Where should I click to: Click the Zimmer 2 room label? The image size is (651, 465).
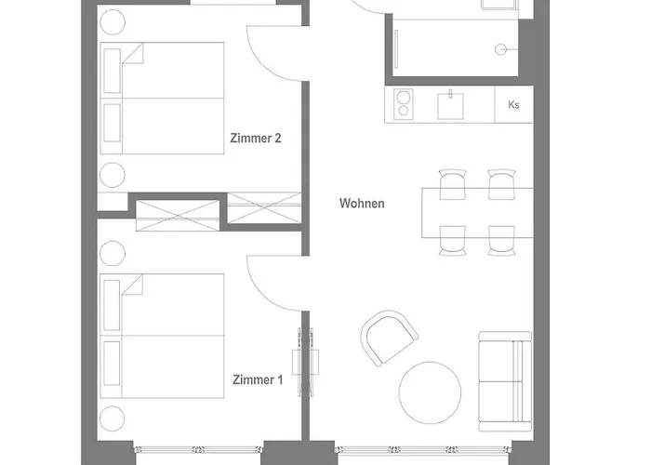256,138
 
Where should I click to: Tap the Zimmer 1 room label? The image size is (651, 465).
258,379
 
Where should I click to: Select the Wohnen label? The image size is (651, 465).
362,204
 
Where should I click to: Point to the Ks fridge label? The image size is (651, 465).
513,104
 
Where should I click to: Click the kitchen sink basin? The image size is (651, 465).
450,106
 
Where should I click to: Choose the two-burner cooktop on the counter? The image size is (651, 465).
403,104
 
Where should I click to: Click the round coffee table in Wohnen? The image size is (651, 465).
430,392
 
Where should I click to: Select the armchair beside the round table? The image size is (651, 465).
389,338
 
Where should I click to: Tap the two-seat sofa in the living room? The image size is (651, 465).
505,381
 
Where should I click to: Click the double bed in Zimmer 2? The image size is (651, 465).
162,99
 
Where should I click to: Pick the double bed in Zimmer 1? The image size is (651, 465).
162,336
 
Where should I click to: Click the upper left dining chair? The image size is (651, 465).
452,184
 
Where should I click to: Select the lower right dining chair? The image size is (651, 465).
501,241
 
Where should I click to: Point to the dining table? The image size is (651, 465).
477,213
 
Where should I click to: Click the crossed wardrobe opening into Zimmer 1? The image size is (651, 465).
178,216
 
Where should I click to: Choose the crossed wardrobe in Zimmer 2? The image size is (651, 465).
264,207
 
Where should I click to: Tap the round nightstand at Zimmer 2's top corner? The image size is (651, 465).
113,22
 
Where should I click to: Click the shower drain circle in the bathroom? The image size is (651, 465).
500,49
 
